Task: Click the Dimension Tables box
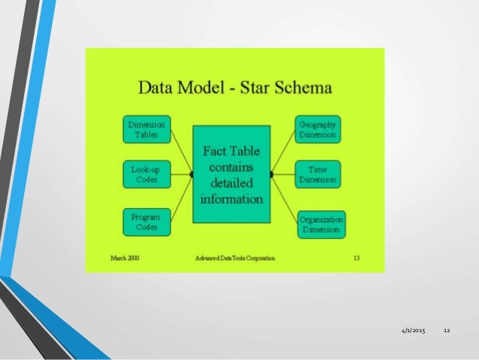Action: click(x=146, y=129)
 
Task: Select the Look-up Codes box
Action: click(x=146, y=174)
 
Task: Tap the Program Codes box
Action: click(x=146, y=222)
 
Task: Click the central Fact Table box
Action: click(x=231, y=174)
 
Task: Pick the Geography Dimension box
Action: click(x=318, y=129)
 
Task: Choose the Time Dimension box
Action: click(x=318, y=174)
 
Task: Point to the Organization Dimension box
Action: click(x=321, y=224)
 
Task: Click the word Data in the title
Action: click(x=157, y=89)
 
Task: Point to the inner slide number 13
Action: click(x=355, y=257)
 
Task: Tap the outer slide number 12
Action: click(x=447, y=331)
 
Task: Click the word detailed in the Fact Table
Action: click(x=231, y=183)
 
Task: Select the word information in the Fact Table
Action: click(x=231, y=199)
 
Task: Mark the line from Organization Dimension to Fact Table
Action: click(x=284, y=198)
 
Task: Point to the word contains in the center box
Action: click(x=231, y=167)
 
